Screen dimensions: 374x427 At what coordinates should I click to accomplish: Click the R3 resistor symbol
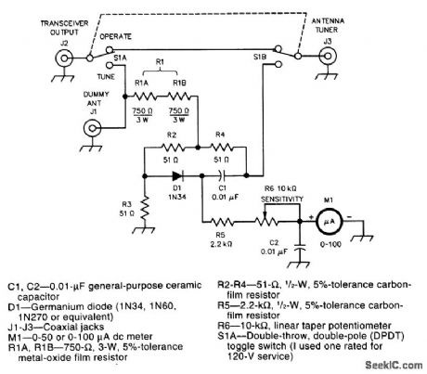[x=145, y=206]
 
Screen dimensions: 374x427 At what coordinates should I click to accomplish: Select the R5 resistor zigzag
[x=223, y=222]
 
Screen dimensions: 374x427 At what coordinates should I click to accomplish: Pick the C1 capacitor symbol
[x=221, y=172]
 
